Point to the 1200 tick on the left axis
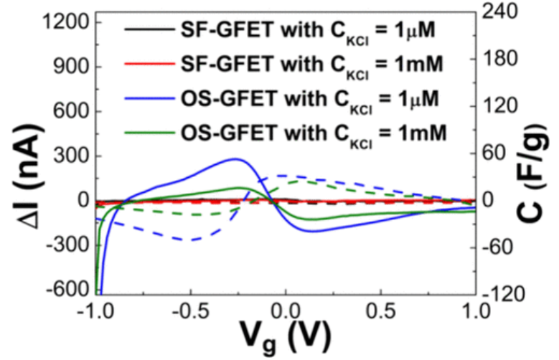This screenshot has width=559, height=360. (x=60, y=23)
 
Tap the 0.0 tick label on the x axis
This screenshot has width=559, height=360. (x=285, y=311)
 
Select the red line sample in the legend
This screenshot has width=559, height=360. (x=146, y=65)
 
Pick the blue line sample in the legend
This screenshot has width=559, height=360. (x=146, y=98)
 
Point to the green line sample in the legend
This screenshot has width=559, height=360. (x=146, y=132)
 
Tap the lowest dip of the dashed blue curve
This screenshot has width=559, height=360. (x=190, y=240)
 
